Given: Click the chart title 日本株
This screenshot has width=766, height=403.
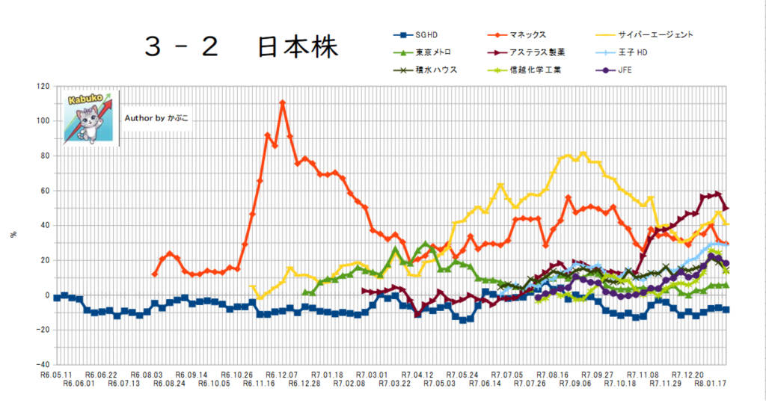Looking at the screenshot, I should (298, 46).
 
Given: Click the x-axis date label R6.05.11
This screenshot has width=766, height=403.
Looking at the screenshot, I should (57, 373).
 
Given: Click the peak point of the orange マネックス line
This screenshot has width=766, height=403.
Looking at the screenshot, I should (283, 102).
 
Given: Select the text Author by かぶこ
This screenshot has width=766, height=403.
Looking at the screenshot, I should (156, 117).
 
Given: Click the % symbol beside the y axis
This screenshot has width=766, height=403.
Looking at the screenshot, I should (13, 234).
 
